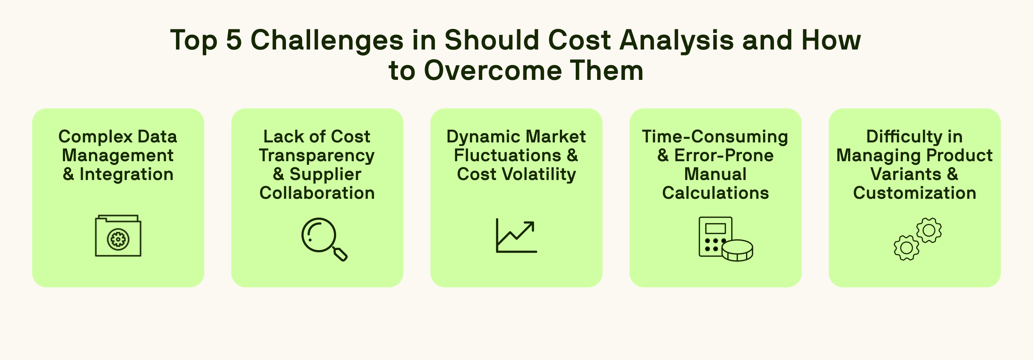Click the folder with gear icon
118,236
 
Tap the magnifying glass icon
320,236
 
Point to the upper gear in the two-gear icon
929,230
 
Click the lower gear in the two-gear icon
906,248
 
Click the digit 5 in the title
234,40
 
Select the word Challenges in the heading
327,40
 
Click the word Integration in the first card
126,174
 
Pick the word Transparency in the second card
317,155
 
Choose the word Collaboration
317,193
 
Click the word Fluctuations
507,155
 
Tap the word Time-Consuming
715,137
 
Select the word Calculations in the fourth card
715,193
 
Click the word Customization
914,193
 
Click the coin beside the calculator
737,251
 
